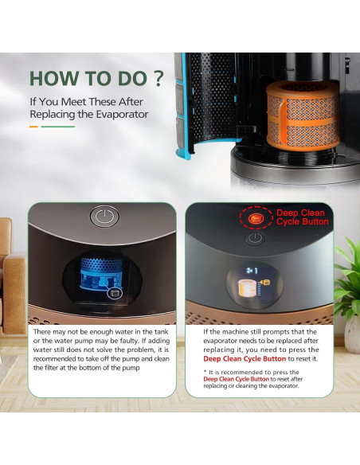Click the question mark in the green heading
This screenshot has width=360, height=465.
click(x=159, y=78)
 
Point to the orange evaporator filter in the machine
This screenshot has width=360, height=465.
click(x=303, y=115)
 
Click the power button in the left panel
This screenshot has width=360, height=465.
click(x=104, y=217)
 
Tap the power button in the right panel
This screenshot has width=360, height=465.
click(x=255, y=238)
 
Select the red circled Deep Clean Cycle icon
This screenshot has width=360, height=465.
click(x=256, y=218)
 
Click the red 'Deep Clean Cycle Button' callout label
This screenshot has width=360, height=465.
click(x=302, y=217)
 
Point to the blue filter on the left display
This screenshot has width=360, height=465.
click(x=102, y=273)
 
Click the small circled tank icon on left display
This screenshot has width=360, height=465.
click(x=115, y=293)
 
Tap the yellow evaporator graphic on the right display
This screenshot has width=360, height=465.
click(x=247, y=287)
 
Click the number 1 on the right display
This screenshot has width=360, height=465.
click(x=256, y=271)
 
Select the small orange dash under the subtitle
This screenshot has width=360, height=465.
click(x=33, y=127)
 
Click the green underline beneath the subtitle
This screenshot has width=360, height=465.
click(x=58, y=127)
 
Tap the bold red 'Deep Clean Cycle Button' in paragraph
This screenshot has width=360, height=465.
click(x=245, y=359)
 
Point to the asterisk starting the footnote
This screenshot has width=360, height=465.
click(x=205, y=372)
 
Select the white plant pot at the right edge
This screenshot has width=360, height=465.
click(x=353, y=334)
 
